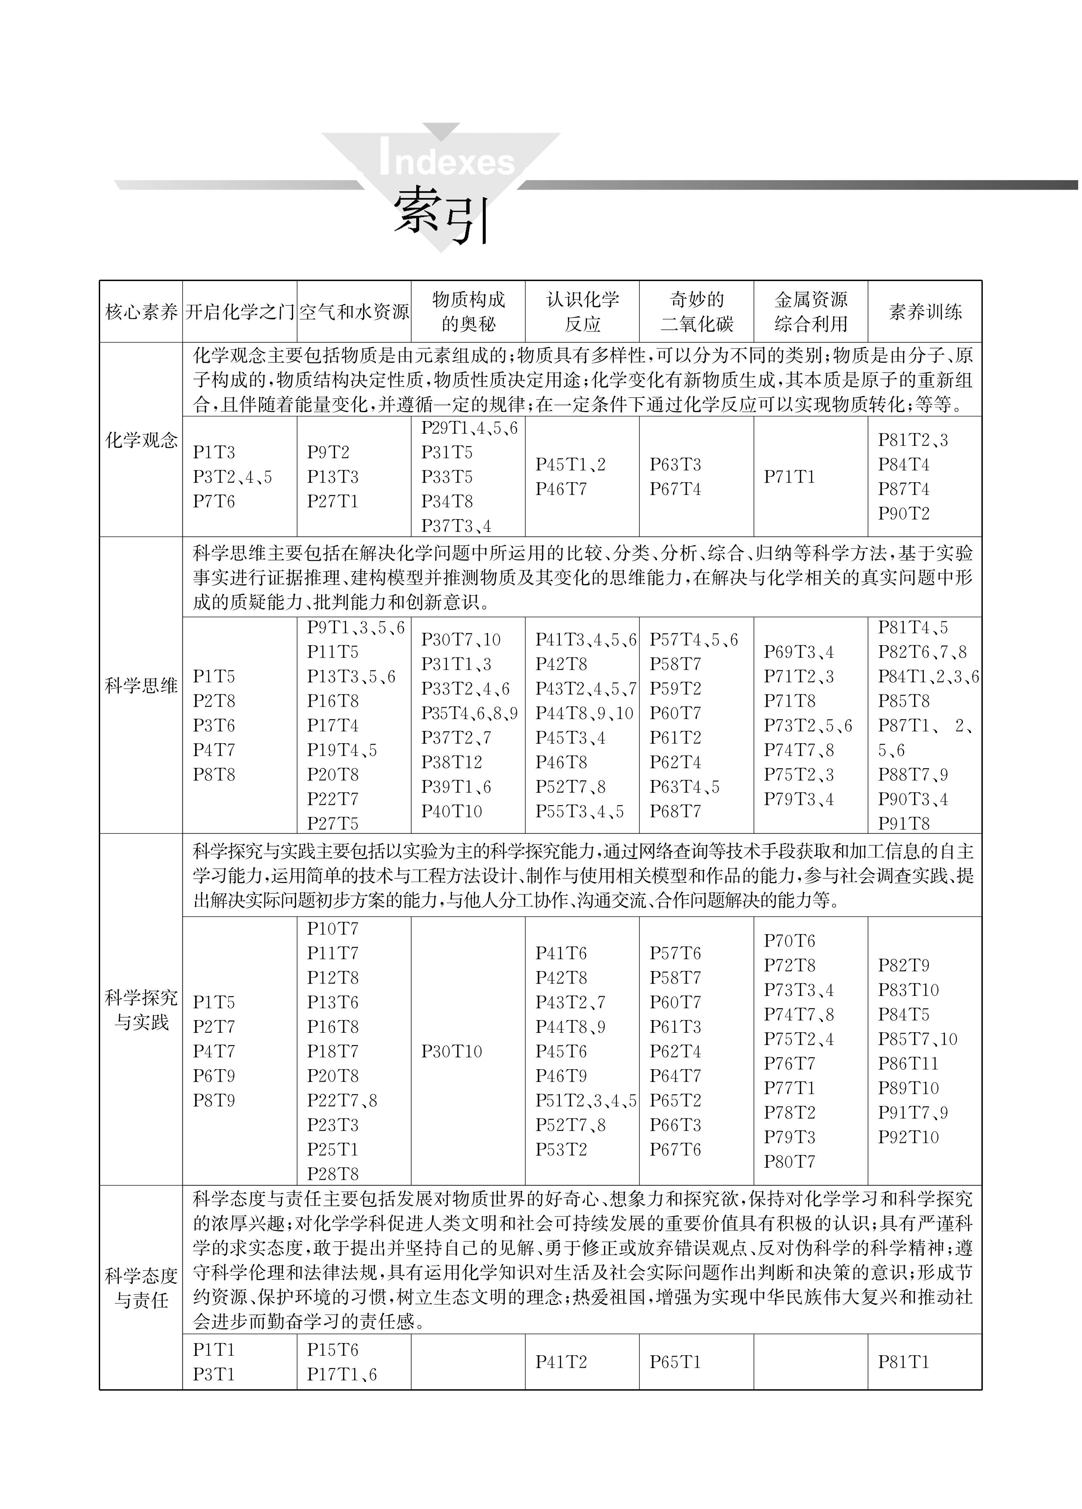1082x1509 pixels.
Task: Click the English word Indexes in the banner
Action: tap(447, 162)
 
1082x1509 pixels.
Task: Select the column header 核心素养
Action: tap(141, 312)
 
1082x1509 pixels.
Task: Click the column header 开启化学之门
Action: tap(239, 312)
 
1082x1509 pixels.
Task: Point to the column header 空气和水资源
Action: tap(354, 312)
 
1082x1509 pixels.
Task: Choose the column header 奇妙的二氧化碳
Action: tap(696, 312)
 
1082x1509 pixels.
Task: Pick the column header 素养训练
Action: tap(924, 312)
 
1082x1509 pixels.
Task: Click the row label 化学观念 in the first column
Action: tap(141, 440)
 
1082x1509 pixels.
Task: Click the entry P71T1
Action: tap(789, 477)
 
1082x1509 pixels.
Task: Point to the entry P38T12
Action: tap(452, 762)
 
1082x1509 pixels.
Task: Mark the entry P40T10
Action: tap(452, 812)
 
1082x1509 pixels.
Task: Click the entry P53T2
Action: tap(561, 1149)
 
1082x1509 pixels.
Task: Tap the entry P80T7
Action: tap(789, 1162)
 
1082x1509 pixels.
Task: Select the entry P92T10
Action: tap(908, 1137)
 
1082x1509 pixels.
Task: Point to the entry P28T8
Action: tap(333, 1174)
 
